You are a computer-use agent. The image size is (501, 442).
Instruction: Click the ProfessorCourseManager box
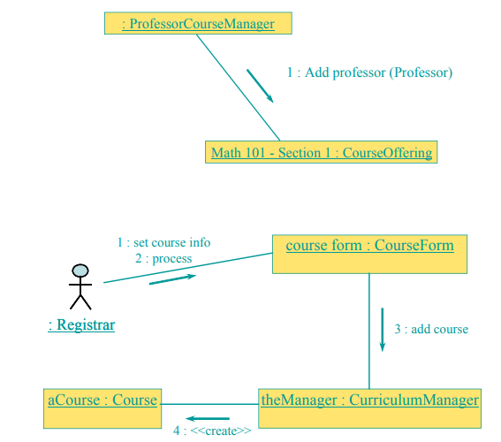pos(198,23)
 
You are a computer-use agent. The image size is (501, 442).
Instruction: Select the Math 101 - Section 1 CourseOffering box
pos(321,152)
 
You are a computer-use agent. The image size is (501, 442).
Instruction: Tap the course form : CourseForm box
pos(369,254)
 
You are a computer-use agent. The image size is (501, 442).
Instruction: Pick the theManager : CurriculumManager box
pos(369,408)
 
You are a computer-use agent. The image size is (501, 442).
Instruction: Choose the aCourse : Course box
pos(102,408)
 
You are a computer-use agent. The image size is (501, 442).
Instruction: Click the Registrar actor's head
pos(80,271)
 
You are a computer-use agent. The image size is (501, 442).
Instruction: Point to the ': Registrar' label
pos(81,325)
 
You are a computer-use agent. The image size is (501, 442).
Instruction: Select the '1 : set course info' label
pos(164,242)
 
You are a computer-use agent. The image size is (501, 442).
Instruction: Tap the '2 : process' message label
pos(163,258)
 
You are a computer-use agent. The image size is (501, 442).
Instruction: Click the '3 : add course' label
pos(431,329)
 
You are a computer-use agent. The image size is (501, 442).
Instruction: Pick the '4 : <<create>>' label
pos(212,431)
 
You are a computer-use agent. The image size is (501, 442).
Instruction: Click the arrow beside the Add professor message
pos(260,86)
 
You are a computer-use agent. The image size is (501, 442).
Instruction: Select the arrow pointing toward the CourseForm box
pos(172,279)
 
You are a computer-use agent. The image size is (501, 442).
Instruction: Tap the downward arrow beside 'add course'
pos(382,330)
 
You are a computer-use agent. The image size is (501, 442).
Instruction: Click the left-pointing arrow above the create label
pos(208,418)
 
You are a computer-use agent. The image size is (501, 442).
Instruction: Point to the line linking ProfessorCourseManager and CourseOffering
pos(239,88)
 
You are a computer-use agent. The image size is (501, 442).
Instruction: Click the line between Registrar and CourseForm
pos(188,268)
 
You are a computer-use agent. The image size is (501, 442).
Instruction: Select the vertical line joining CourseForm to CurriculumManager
pos(369,331)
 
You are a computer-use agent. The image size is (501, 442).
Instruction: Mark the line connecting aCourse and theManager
pos(210,404)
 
